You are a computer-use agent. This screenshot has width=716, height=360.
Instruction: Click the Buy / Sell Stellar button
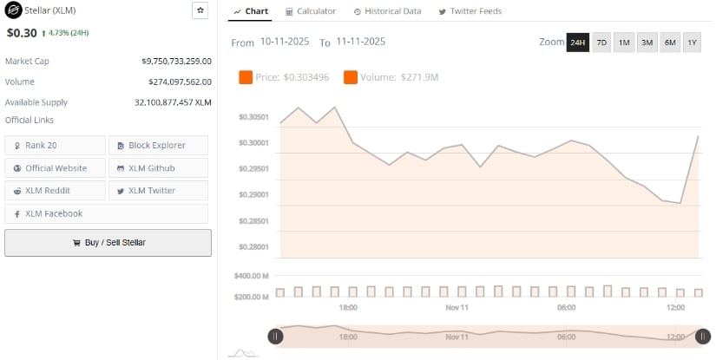click(x=108, y=243)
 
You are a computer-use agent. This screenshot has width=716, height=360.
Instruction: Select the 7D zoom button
click(x=601, y=43)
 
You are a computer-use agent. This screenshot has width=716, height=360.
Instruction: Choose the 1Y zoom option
click(x=692, y=43)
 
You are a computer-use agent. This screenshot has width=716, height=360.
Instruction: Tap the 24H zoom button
click(x=577, y=43)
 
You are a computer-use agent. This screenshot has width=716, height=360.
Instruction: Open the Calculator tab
click(x=311, y=11)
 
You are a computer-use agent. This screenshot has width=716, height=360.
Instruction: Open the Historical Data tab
click(x=387, y=11)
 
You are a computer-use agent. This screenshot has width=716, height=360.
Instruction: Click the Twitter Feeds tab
click(x=470, y=11)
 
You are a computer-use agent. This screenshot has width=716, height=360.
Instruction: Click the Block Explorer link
click(x=158, y=145)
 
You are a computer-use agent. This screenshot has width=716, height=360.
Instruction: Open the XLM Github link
click(x=158, y=167)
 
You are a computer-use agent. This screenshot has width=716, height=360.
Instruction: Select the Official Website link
click(x=55, y=167)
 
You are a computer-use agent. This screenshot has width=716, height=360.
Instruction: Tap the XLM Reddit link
click(x=55, y=190)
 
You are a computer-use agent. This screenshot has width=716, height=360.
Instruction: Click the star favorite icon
click(x=200, y=10)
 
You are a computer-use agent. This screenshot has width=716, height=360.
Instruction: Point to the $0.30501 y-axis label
click(x=253, y=117)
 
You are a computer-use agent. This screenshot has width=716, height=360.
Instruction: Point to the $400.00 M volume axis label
click(x=253, y=276)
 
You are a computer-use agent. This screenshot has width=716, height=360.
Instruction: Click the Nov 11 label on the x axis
click(x=457, y=308)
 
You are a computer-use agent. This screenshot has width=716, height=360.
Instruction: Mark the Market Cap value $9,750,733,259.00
click(x=176, y=62)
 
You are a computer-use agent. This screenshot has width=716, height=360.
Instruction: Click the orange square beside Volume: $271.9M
click(x=351, y=78)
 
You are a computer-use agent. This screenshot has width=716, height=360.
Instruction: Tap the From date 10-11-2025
click(x=285, y=42)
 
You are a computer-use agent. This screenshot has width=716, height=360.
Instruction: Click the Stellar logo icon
click(x=13, y=11)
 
